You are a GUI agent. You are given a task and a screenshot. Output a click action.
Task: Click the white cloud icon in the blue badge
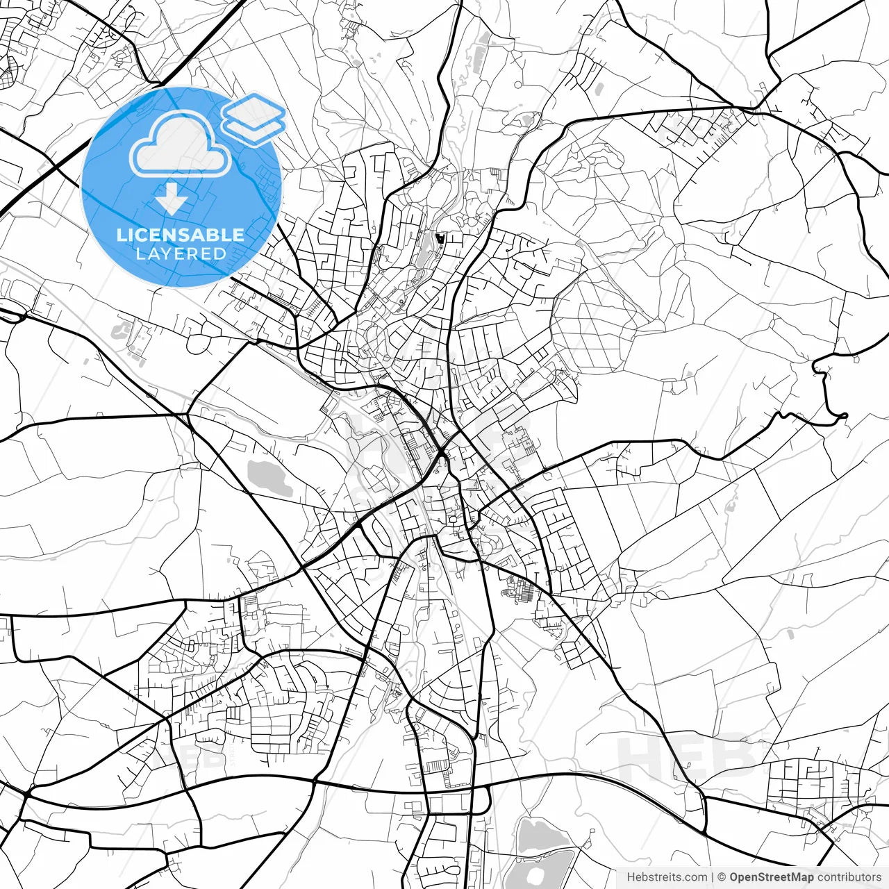(x=181, y=144)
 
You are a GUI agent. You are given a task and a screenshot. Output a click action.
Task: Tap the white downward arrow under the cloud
(x=172, y=198)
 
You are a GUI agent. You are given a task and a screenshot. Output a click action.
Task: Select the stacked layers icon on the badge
(x=254, y=119)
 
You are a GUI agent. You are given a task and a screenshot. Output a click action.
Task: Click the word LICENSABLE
(x=181, y=235)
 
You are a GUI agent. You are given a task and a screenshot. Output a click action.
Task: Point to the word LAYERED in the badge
(x=181, y=254)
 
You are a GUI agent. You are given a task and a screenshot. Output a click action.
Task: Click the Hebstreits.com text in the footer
(x=667, y=877)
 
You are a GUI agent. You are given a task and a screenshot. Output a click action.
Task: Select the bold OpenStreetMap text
(x=771, y=877)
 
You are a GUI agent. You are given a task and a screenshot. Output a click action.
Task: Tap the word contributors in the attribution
(x=849, y=877)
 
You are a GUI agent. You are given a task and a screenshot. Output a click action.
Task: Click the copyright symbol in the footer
(x=722, y=877)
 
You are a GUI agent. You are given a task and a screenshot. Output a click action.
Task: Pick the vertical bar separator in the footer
(x=713, y=877)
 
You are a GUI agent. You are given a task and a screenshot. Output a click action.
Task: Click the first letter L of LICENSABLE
(x=121, y=235)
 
